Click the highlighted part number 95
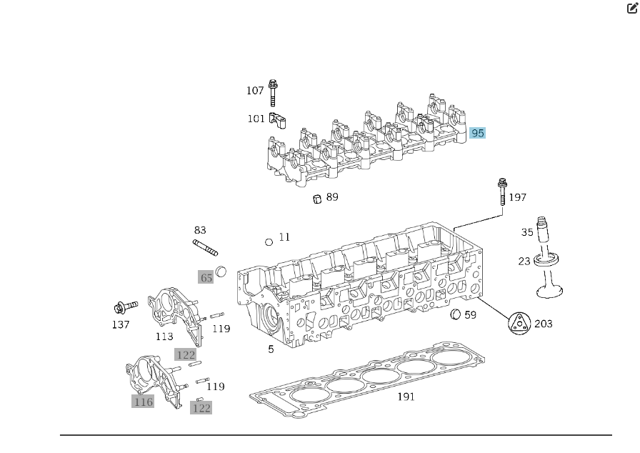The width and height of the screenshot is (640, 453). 477,133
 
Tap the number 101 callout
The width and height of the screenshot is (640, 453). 256,119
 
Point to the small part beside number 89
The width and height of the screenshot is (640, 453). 317,198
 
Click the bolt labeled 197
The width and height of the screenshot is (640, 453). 502,191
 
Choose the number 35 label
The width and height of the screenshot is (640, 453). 527,232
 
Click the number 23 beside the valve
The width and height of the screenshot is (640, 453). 524,261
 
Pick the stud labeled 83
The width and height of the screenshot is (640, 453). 205,248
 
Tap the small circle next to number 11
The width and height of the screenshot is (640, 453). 269,242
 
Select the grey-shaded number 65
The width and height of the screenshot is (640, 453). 206,277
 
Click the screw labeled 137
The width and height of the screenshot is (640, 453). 124,308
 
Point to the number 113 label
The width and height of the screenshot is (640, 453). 164,337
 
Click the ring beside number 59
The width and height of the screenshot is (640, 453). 455,315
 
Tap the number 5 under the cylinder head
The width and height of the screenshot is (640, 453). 271,349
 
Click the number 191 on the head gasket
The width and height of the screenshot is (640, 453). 406,397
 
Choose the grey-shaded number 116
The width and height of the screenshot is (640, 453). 143,402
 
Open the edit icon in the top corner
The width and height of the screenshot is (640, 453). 632,9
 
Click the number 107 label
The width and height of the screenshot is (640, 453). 255,91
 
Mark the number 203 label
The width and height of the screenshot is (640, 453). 544,324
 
